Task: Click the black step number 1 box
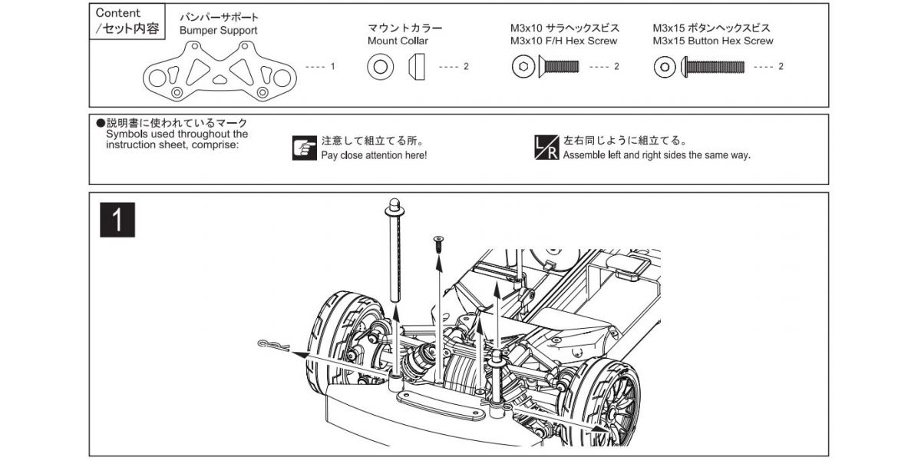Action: click(118, 220)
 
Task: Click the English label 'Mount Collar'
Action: click(398, 41)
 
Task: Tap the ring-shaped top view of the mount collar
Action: click(378, 68)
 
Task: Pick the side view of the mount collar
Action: click(416, 68)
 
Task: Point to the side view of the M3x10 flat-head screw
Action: click(560, 68)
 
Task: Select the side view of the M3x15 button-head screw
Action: click(712, 68)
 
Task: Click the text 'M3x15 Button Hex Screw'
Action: click(713, 41)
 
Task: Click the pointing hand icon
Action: click(305, 148)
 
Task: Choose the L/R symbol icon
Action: click(546, 148)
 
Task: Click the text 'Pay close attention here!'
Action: click(374, 155)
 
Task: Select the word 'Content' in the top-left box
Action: click(117, 14)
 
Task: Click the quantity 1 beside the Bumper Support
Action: click(332, 67)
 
